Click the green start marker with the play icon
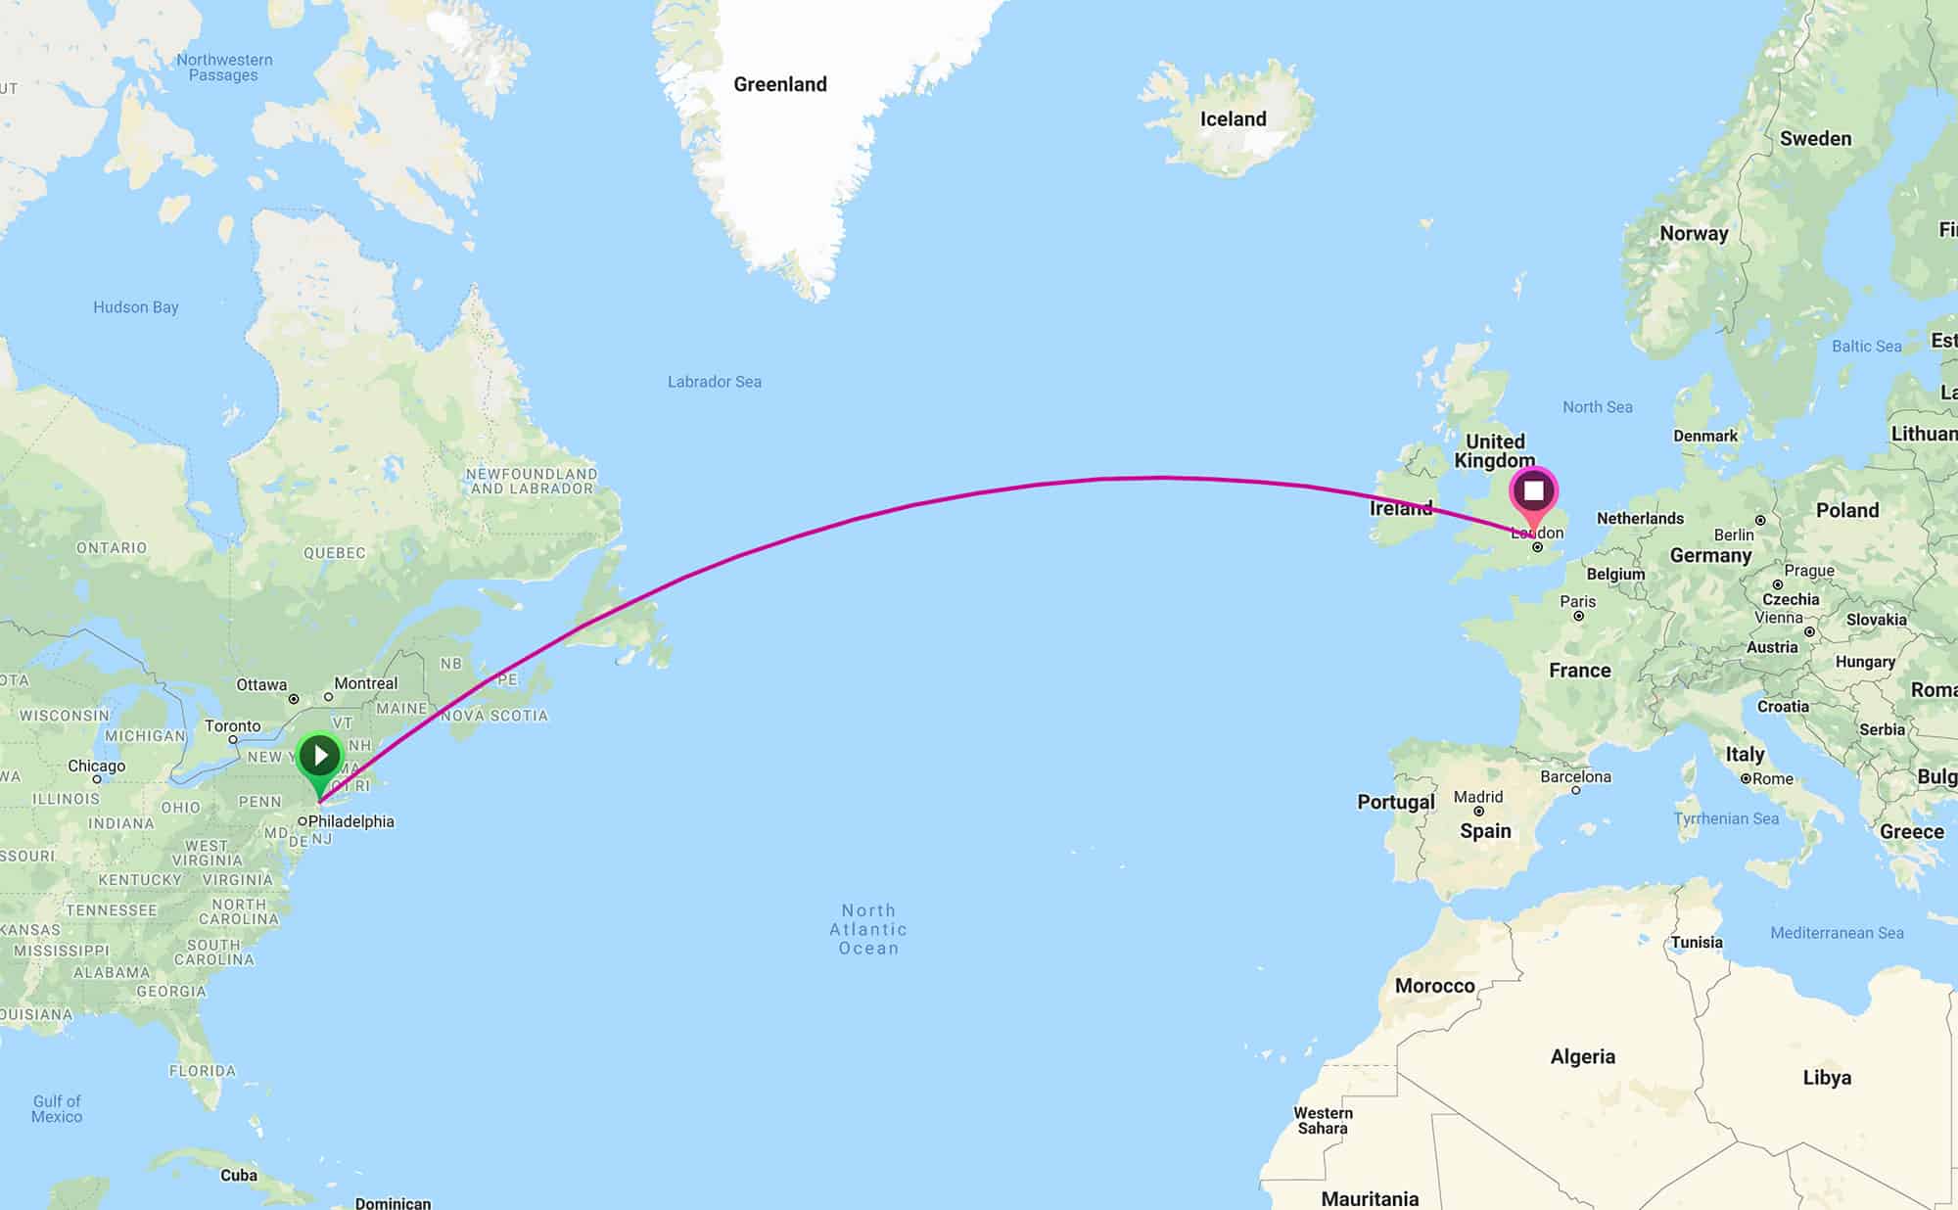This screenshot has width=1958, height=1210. tap(319, 757)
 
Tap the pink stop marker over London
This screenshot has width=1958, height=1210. tap(1533, 491)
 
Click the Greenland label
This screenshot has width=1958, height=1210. tap(780, 84)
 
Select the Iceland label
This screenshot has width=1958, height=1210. tap(1233, 119)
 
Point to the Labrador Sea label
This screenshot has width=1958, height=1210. tap(714, 382)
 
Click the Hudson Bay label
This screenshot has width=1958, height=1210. tap(135, 307)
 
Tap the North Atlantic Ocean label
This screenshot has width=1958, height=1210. tap(868, 929)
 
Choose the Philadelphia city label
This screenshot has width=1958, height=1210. tap(350, 821)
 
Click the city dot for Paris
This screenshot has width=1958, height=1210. tap(1578, 616)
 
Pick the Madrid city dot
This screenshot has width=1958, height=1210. tap(1478, 812)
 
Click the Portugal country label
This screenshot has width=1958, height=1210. tap(1395, 802)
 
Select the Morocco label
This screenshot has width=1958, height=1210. tap(1434, 986)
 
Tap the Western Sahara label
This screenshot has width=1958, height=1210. tap(1323, 1120)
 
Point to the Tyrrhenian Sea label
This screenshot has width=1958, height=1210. tap(1726, 818)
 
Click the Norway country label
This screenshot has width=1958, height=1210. tap(1694, 233)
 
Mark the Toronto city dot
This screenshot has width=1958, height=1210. tap(233, 739)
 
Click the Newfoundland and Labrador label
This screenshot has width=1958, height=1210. tap(532, 481)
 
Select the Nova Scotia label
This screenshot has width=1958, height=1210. tap(494, 716)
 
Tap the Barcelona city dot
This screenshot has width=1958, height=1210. tap(1575, 790)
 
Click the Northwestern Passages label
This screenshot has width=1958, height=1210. tap(224, 67)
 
